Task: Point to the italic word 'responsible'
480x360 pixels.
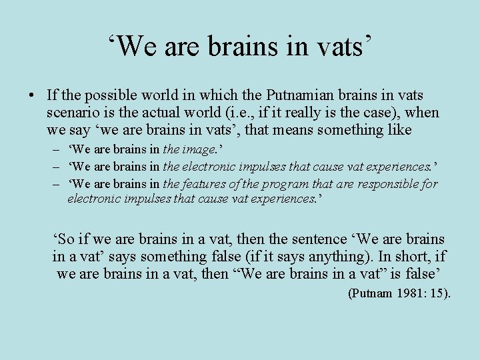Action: [381, 184]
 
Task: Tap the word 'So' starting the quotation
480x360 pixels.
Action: [63, 239]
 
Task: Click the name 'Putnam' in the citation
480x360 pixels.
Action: [372, 293]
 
